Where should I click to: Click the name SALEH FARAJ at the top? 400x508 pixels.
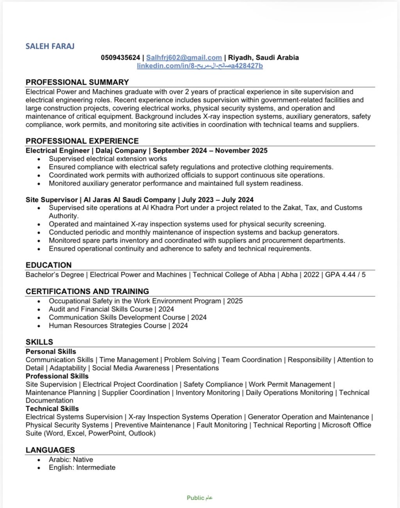50,46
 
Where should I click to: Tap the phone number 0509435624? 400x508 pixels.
120,58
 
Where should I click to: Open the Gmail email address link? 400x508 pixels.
184,58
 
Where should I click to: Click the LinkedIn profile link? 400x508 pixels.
200,66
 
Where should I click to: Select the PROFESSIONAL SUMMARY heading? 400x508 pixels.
77,82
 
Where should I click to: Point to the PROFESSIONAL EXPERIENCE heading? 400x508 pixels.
82,141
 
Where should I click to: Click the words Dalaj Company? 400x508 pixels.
121,151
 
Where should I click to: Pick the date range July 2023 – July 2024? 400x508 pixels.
218,200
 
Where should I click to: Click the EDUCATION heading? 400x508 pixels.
48,265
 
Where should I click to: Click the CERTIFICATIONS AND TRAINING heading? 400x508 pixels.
87,291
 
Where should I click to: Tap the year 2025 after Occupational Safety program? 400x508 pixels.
234,301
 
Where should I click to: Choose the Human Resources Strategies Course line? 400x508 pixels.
118,326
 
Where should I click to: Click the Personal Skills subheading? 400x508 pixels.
51,351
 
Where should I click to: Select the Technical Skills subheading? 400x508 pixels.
52,409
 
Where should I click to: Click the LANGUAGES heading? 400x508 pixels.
50,450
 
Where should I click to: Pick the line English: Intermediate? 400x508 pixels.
82,467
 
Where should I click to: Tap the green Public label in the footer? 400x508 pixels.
196,497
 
